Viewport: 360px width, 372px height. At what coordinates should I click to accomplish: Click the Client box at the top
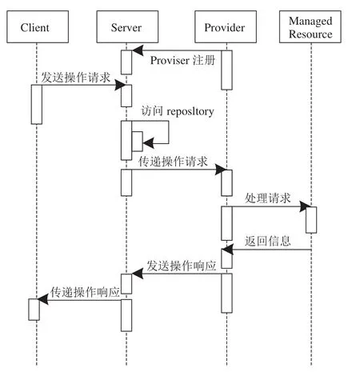(38, 26)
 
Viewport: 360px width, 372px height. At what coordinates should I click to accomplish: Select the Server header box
(127, 26)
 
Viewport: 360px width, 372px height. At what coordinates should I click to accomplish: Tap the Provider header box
(226, 26)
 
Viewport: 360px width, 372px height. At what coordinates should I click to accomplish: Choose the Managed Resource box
(310, 26)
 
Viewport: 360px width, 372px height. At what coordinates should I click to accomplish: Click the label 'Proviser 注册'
(182, 60)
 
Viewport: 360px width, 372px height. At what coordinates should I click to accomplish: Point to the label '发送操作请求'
(75, 78)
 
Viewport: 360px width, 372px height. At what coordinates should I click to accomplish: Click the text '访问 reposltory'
(178, 111)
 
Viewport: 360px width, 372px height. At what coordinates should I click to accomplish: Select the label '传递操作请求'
(173, 162)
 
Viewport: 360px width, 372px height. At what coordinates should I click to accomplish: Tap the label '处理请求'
(267, 198)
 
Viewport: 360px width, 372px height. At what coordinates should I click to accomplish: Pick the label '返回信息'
(267, 241)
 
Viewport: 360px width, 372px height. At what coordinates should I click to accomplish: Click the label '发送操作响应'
(182, 266)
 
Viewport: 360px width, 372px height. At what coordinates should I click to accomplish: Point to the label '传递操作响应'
(85, 292)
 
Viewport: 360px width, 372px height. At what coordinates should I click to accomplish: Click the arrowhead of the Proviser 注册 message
(138, 50)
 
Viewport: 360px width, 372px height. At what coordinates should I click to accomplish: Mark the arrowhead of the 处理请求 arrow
(306, 206)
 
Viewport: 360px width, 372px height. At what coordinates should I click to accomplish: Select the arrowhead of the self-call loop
(148, 143)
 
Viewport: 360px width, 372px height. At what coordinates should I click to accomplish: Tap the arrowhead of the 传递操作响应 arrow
(42, 299)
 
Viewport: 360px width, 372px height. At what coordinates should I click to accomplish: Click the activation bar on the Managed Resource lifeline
(311, 220)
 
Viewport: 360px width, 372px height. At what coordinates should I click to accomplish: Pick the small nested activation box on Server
(138, 142)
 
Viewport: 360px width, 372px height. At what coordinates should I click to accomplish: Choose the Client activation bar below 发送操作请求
(37, 105)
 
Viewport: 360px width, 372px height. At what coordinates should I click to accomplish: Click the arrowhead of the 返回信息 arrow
(227, 250)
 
